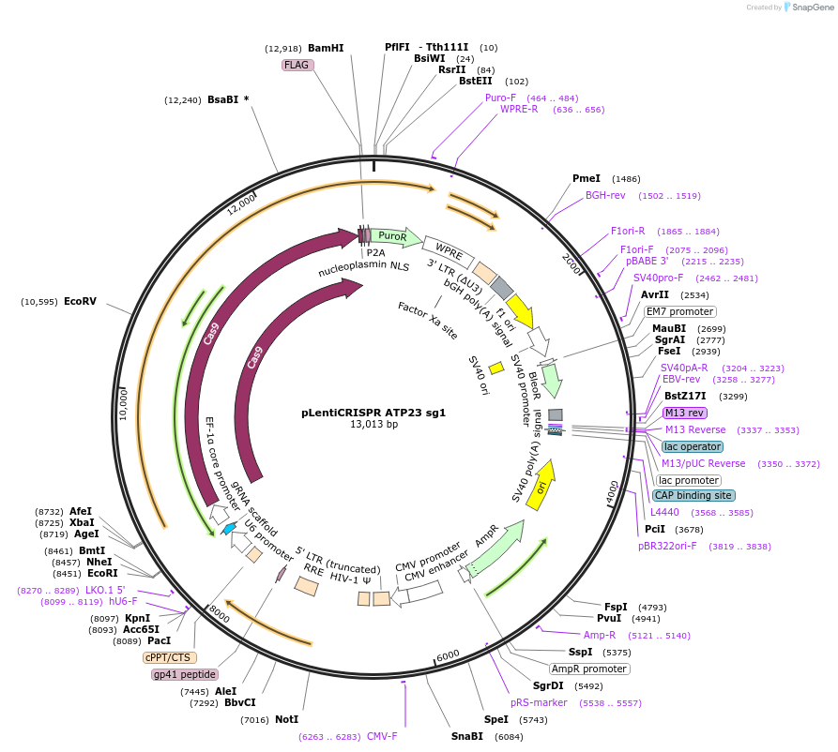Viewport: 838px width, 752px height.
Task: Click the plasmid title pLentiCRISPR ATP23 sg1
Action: (x=373, y=412)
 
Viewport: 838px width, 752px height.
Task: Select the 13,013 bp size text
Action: (x=373, y=425)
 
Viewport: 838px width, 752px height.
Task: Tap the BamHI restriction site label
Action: (x=326, y=48)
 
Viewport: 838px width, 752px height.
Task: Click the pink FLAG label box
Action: (x=297, y=66)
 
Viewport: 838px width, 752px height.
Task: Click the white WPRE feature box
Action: (x=443, y=249)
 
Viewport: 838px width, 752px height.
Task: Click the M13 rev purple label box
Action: (x=684, y=413)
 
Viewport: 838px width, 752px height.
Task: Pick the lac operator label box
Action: (x=692, y=446)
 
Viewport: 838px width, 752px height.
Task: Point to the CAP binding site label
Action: (x=694, y=495)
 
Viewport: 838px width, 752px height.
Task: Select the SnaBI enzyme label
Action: (x=466, y=736)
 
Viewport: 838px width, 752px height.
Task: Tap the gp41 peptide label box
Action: (x=185, y=674)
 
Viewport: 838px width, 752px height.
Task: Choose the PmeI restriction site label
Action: (x=587, y=178)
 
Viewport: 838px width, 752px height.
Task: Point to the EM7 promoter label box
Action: (x=679, y=311)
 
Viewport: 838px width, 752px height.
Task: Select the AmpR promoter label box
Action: (x=588, y=669)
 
